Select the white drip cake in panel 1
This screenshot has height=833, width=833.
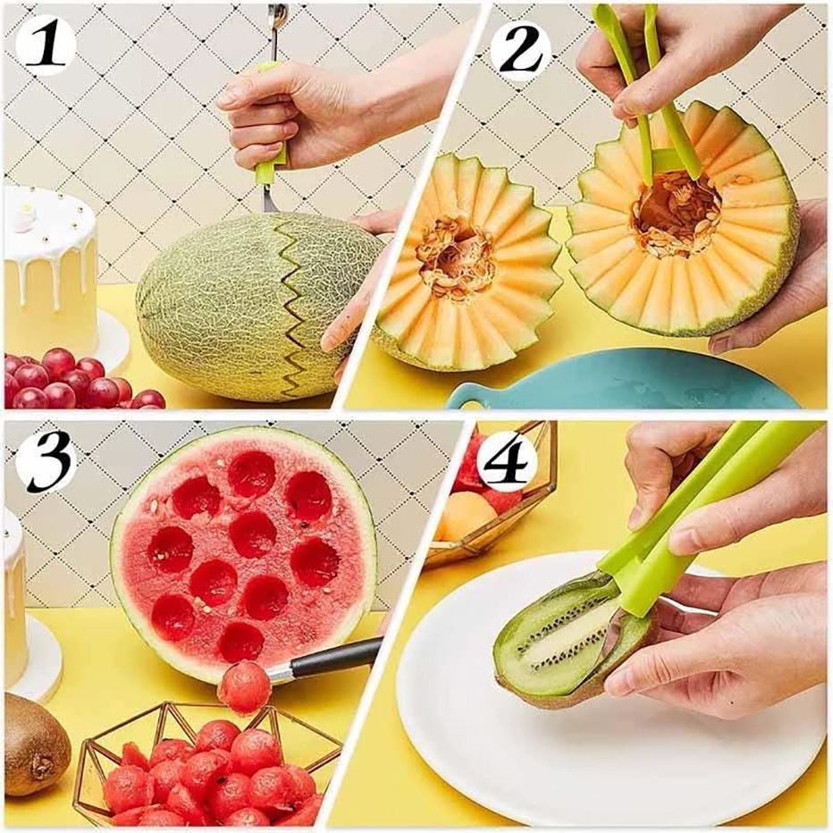[49, 268]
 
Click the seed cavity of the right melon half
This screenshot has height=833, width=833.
[676, 215]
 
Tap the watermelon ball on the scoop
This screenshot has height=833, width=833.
[243, 687]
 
